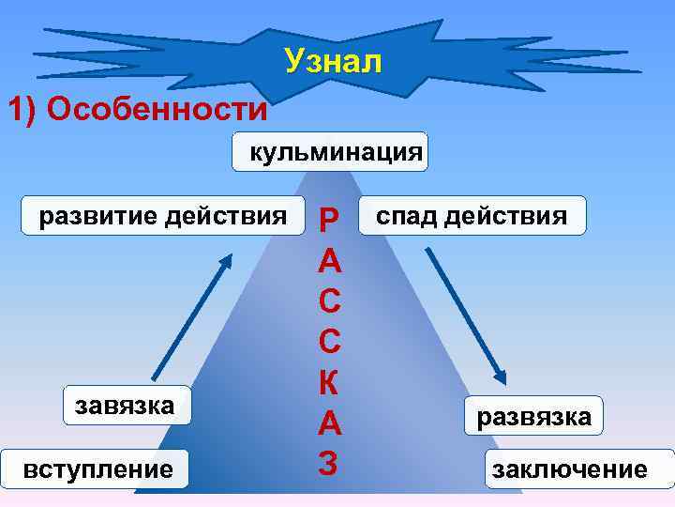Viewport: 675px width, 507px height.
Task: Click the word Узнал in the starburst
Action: coord(334,62)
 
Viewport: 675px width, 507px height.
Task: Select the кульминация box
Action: coord(330,151)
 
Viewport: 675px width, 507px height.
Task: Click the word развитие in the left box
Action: coord(97,217)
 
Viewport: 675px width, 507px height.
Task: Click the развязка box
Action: coord(533,416)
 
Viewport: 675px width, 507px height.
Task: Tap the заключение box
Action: coord(579,469)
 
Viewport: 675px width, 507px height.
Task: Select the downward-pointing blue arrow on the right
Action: coord(467,315)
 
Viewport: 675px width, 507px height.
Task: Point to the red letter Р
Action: coord(329,220)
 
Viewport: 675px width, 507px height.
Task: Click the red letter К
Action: coord(329,384)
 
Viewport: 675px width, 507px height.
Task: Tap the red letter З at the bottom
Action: coord(329,464)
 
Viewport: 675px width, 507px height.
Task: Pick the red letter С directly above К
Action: coord(329,343)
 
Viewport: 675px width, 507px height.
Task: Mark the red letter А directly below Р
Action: coord(329,261)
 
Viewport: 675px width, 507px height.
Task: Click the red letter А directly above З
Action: coord(329,424)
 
